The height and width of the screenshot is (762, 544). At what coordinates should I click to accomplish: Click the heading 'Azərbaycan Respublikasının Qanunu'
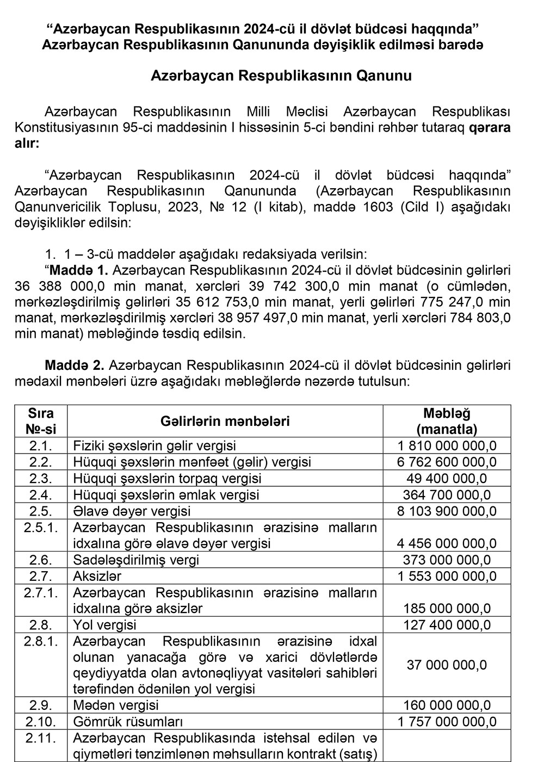tap(281, 76)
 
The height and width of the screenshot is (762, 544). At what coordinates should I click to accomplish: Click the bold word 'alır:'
tap(28, 144)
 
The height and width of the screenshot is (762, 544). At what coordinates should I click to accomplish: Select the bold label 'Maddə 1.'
tap(79, 270)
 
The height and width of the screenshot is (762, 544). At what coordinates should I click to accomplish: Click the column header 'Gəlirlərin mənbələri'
tap(225, 421)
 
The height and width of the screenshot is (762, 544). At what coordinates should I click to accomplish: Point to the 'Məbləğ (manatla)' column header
tap(447, 421)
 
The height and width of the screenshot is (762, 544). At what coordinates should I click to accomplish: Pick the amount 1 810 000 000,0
tap(447, 446)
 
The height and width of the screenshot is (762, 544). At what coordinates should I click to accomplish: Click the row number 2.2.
tap(41, 462)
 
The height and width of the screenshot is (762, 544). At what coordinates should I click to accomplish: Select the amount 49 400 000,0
tap(447, 479)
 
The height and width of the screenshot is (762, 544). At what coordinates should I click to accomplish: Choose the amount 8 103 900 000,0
tap(447, 511)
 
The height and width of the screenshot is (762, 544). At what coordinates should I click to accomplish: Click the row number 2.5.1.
tap(41, 527)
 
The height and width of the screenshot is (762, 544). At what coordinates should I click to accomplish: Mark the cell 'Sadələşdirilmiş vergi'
tap(136, 560)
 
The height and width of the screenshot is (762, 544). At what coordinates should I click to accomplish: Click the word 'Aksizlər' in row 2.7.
tap(97, 576)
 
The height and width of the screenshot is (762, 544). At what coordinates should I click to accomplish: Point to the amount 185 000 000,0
tap(447, 608)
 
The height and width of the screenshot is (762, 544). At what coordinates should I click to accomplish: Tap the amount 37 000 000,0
tap(447, 665)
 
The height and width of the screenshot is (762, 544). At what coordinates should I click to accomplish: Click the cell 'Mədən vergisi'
tap(116, 705)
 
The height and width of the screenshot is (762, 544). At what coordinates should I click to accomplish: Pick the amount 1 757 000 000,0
tap(447, 722)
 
